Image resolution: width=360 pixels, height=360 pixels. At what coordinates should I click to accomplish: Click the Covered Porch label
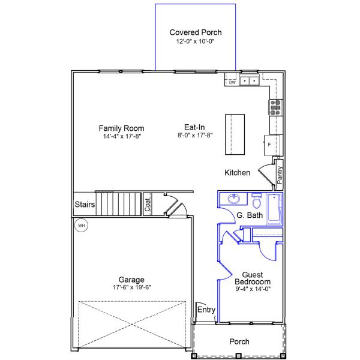tap(195, 32)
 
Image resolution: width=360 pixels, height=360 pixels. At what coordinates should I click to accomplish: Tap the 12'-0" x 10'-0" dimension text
tap(195, 42)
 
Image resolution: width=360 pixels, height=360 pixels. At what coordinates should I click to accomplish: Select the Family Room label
tap(121, 128)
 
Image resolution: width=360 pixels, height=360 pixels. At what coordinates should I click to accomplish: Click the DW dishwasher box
tap(232, 82)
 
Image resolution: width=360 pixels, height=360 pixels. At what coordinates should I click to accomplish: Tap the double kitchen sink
tap(249, 80)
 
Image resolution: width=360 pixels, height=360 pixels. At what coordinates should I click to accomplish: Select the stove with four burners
tap(275, 107)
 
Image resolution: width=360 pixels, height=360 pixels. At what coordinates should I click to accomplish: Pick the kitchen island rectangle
tap(235, 133)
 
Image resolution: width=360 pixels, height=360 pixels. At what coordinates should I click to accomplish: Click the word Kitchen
tap(237, 173)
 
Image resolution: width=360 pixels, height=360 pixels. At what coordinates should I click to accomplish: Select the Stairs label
tap(85, 205)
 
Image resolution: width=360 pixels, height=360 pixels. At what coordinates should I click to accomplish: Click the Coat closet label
tap(148, 205)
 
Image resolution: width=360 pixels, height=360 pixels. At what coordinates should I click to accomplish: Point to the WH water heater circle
tap(81, 226)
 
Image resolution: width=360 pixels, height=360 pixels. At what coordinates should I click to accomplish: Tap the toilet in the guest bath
tap(257, 199)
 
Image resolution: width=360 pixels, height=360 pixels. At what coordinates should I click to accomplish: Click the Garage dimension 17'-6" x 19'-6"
tap(131, 287)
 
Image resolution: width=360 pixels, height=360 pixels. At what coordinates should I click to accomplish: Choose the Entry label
tap(206, 310)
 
